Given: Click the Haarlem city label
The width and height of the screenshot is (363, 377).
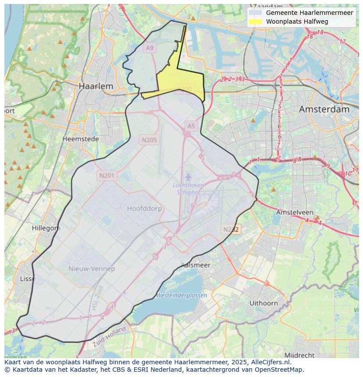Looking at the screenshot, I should coord(96,86).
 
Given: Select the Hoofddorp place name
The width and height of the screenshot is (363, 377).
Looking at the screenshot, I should coord(144,208).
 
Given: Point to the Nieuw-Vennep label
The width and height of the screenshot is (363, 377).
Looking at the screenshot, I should coord(92,268).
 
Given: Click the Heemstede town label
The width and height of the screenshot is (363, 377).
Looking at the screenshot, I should coord(81,139).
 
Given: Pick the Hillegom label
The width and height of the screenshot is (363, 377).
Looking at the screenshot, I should coord(46,228).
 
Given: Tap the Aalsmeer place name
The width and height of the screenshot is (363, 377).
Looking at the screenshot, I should coord(196,265).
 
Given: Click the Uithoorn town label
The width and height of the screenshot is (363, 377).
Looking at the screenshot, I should coord(263,303).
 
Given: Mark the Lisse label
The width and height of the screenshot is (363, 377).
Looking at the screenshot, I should coord(28,279).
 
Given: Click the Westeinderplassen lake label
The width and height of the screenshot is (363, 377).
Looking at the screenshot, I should coord(181,295).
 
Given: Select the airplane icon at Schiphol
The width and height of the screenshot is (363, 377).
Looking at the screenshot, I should coord(188,176).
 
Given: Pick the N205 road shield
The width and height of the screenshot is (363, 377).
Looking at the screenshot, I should coord(149,140).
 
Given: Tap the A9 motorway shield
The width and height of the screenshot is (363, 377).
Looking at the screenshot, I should coord(150,48).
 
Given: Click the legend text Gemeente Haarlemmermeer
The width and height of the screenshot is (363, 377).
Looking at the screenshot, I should coord(309,13).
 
